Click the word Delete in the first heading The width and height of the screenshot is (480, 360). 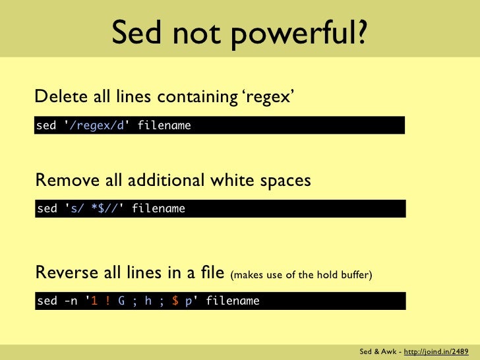click(57, 97)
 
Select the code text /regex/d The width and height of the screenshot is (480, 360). click(96, 125)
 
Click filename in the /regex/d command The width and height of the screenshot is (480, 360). click(164, 125)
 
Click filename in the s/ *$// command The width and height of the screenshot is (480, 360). click(158, 209)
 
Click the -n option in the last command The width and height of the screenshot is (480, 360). click(71, 301)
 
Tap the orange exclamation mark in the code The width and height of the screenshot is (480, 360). click(107, 301)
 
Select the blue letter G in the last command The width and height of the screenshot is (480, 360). click(122, 301)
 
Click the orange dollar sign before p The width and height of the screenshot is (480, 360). click(175, 301)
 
